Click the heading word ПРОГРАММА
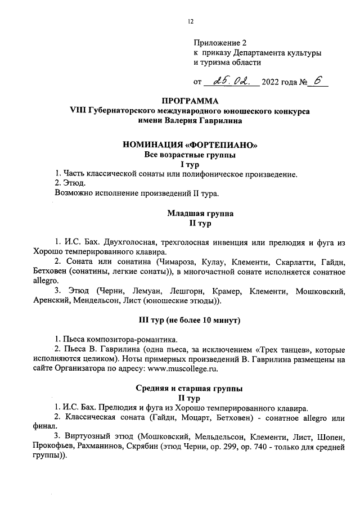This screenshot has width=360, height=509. tap(190, 102)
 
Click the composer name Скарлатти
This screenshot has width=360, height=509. tap(295, 263)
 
